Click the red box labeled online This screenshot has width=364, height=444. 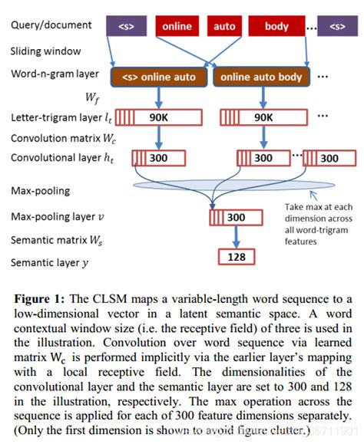coord(177,26)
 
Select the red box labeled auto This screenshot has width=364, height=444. coord(224,26)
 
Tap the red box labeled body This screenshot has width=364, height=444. coord(276,26)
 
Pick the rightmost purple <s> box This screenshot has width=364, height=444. coord(336,26)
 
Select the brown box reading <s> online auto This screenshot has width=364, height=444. coord(159,77)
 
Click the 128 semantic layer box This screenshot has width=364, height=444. coord(235,257)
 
